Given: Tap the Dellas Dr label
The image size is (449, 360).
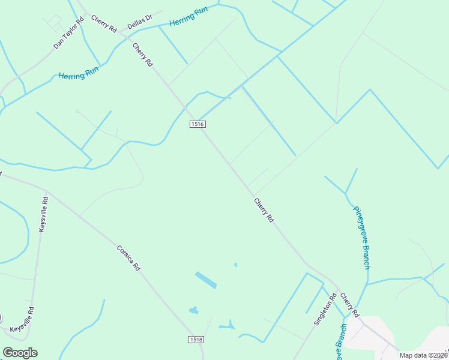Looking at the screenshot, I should tap(140, 23).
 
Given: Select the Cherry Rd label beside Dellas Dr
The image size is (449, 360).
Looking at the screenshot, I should tap(103, 23).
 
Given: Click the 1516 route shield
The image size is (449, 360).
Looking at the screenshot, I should tap(197, 124).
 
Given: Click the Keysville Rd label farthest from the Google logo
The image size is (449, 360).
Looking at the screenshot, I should tap(43, 214).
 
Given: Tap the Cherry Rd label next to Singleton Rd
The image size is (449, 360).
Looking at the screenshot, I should tap(349, 305).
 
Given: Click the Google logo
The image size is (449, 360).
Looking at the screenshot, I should tap(20, 353).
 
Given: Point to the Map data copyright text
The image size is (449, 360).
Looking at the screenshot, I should tap(423, 355).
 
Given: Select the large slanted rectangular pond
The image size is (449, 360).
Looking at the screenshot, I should tap(206, 280).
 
